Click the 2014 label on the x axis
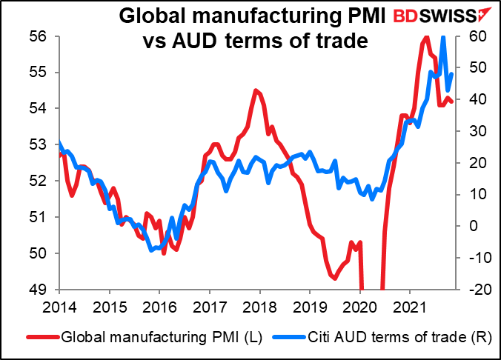pyautogui.click(x=59, y=307)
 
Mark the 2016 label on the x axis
pyautogui.click(x=159, y=307)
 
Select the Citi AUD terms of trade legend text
pyautogui.click(x=370, y=339)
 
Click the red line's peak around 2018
pyautogui.click(x=255, y=90)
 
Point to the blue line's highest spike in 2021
pyautogui.click(x=443, y=37)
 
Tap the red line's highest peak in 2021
pyautogui.click(x=425, y=36)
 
